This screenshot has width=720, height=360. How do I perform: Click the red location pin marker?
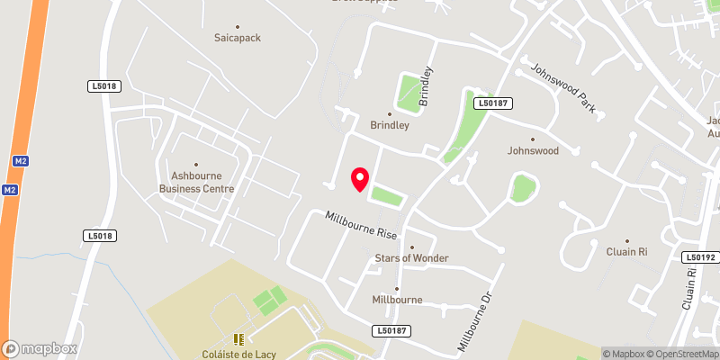360,179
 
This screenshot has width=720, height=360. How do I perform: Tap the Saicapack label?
238,39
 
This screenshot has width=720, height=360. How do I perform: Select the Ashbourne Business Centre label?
196,183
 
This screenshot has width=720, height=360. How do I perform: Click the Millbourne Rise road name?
361,224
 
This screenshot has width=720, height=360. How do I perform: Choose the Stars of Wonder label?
411,258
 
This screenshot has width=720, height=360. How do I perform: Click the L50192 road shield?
700,256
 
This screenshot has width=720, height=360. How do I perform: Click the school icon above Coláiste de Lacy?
239,339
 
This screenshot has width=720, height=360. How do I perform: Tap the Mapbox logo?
40,348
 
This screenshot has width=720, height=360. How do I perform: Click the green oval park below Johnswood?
521,189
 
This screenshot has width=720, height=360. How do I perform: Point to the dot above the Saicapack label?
238,26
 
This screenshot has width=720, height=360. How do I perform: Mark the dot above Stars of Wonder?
411,247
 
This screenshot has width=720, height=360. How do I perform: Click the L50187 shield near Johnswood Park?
494,103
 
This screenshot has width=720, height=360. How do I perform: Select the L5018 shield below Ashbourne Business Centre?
101,236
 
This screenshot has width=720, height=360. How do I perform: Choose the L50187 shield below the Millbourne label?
393,331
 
